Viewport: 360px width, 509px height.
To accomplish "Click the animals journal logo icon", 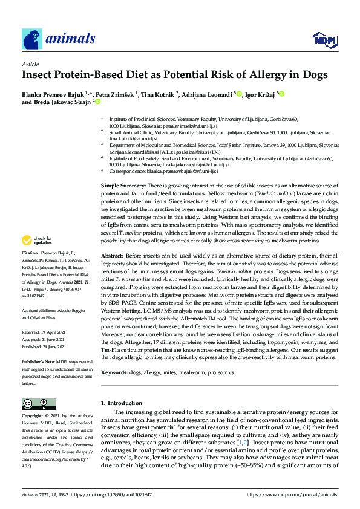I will (31, 39).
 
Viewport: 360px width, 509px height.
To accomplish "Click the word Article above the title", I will (30, 63).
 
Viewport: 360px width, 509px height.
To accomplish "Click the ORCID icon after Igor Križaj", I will (281, 94).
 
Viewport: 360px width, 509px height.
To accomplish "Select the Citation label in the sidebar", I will (30, 286).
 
